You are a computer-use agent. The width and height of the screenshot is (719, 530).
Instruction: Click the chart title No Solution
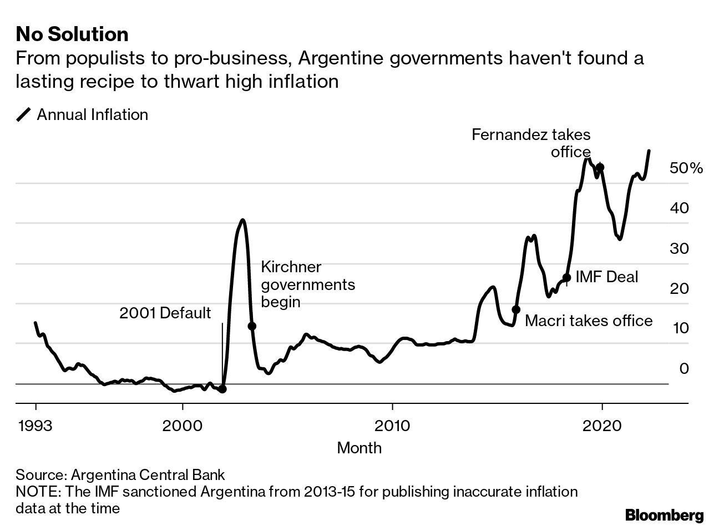(x=72, y=34)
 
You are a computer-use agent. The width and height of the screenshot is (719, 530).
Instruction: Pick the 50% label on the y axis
(x=686, y=168)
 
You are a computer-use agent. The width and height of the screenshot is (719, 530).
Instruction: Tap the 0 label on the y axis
(x=684, y=368)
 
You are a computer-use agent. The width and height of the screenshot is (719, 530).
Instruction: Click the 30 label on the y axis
(x=679, y=248)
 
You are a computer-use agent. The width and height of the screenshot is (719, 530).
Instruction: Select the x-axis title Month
(x=359, y=447)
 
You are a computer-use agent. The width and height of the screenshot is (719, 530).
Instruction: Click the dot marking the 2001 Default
(x=222, y=389)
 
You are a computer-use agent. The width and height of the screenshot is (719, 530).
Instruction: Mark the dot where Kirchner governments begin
(x=251, y=326)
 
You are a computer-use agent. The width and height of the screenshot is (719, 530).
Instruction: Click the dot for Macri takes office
(x=516, y=309)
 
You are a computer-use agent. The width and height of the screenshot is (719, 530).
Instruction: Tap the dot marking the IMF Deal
(x=566, y=278)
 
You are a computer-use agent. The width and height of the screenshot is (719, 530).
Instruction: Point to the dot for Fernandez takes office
(x=600, y=167)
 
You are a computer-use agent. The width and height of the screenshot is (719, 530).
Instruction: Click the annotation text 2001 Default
(x=165, y=313)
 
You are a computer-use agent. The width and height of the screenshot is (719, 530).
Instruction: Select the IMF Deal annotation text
(x=606, y=277)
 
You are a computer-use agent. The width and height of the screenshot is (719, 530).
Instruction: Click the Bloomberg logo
(x=664, y=515)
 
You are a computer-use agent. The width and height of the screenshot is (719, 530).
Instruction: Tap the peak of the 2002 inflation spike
(x=242, y=220)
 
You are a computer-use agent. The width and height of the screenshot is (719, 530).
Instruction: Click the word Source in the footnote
(x=40, y=475)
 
